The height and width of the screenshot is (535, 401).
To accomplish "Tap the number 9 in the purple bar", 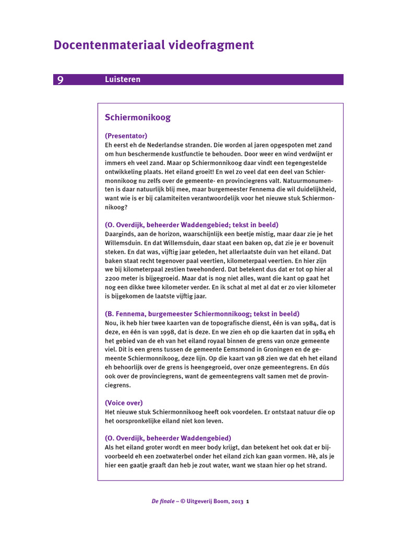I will click(61, 79).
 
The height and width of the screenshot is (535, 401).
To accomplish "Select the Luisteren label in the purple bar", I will click(122, 79).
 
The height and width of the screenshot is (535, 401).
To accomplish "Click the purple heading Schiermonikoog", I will click(137, 118).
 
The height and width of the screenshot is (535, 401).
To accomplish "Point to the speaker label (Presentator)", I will click(126, 136).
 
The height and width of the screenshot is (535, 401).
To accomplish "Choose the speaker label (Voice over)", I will click(124, 403).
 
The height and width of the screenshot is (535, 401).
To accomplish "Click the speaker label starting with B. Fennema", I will click(202, 313).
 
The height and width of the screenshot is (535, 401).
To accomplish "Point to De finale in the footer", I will click(163, 502).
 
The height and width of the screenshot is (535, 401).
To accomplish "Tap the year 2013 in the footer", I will click(238, 502).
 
